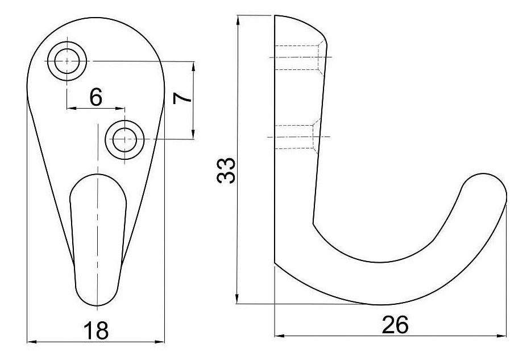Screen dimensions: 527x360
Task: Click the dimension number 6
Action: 96,97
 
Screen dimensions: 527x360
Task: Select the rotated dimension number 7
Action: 182,98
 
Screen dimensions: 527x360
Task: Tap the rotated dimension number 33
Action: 226,171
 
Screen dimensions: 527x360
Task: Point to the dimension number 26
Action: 395,325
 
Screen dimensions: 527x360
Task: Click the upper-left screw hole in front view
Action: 67,61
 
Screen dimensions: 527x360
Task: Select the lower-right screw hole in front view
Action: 125,139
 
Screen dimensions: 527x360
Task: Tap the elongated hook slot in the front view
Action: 98,240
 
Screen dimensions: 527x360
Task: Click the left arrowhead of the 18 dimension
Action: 31,342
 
